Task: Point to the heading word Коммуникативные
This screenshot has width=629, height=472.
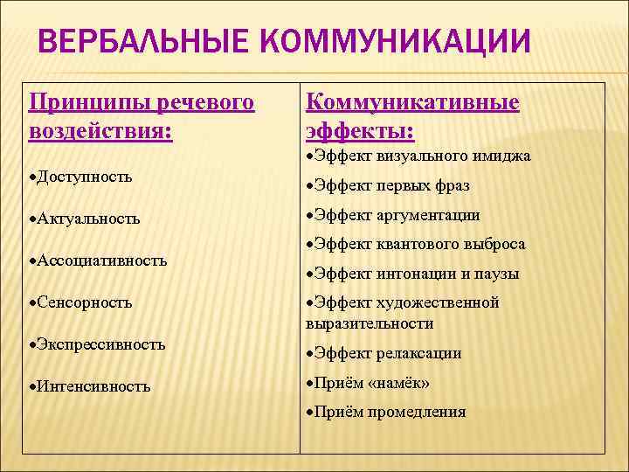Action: (412, 103)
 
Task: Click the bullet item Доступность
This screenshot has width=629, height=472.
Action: (85, 177)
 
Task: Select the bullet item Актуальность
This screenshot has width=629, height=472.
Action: (88, 219)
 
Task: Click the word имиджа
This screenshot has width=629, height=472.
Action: (500, 156)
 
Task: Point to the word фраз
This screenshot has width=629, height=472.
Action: (452, 186)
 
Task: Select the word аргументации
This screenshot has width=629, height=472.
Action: (429, 215)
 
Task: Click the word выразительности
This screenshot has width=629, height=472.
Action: (370, 323)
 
